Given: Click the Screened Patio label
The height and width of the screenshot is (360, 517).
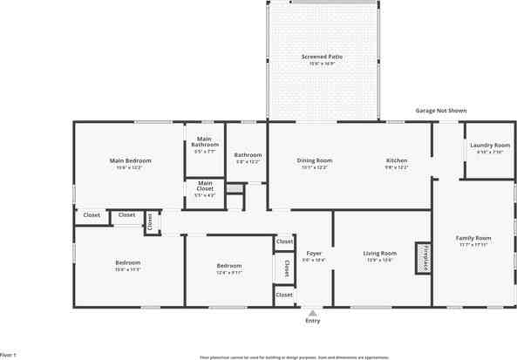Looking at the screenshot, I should pyautogui.click(x=322, y=57).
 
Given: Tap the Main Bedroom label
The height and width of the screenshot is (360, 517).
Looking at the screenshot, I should pyautogui.click(x=131, y=160).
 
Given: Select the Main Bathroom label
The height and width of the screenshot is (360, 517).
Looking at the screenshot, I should pyautogui.click(x=204, y=141).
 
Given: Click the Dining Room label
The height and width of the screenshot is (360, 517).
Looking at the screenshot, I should pyautogui.click(x=315, y=160).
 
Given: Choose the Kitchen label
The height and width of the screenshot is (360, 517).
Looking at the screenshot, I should pyautogui.click(x=397, y=160).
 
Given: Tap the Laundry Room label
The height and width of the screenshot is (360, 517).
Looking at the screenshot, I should pyautogui.click(x=489, y=146).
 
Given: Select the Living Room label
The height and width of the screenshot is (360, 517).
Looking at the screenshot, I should pyautogui.click(x=380, y=254).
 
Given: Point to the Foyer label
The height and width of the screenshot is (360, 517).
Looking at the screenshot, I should pyautogui.click(x=313, y=254).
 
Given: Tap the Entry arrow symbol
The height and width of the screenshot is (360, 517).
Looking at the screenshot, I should pyautogui.click(x=312, y=312).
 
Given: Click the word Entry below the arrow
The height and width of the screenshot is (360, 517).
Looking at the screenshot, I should pyautogui.click(x=312, y=321).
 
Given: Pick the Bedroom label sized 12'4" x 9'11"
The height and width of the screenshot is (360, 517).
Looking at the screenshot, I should pyautogui.click(x=228, y=266).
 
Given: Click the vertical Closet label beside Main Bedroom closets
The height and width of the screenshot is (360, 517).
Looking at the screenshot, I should pyautogui.click(x=150, y=223).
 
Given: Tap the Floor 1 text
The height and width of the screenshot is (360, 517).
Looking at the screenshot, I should pyautogui.click(x=8, y=355).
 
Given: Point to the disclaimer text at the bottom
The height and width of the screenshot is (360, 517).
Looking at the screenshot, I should pyautogui.click(x=295, y=357).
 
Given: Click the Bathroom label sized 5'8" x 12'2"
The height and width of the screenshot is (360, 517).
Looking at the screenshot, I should pyautogui.click(x=248, y=156).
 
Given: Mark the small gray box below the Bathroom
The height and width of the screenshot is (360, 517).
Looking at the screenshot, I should pyautogui.click(x=233, y=188).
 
